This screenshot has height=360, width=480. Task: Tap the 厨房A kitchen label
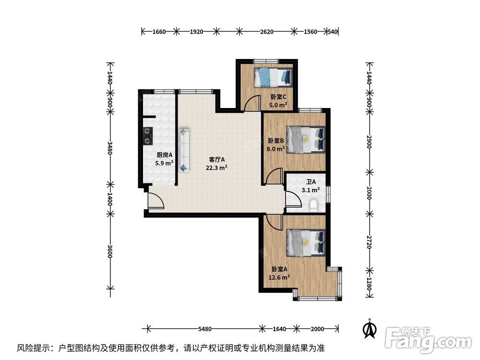[x=164, y=155]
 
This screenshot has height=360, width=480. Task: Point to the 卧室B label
[x=276, y=141]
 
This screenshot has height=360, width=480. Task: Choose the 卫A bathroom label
[x=311, y=182]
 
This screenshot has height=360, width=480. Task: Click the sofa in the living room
[x=184, y=149]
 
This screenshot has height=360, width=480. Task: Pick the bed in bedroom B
[x=305, y=138]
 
